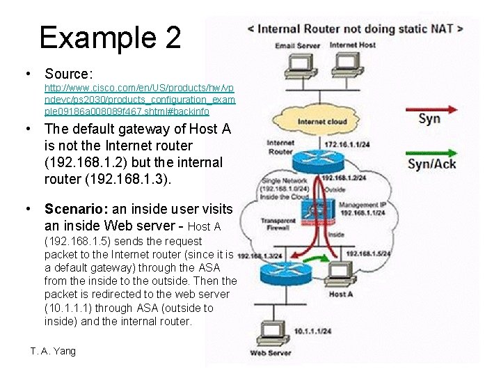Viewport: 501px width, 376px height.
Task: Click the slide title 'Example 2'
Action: [110, 37]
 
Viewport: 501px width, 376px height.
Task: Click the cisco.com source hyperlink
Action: [139, 100]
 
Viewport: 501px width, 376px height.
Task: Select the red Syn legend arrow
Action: [432, 109]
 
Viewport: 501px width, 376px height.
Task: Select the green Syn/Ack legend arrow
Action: [432, 152]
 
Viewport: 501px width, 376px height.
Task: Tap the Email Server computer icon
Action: [298, 65]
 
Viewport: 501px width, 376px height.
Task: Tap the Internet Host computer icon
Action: [343, 65]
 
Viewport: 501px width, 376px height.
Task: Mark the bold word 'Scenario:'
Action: [74, 208]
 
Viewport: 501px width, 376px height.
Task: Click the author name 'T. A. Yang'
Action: [53, 351]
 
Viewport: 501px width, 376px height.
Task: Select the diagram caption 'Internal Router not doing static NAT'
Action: [356, 29]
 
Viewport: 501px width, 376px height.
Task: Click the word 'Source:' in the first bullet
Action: [69, 73]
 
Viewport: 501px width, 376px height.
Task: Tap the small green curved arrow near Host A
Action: [317, 259]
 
